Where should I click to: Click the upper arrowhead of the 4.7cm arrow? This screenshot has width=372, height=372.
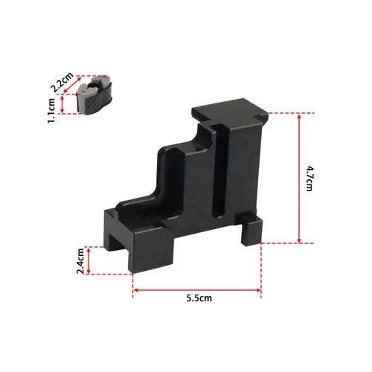[299, 115]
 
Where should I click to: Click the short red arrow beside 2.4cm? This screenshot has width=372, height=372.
[90, 260]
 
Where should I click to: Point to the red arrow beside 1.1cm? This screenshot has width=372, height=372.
[64, 103]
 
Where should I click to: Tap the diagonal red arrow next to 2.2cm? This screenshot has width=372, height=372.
[74, 83]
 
